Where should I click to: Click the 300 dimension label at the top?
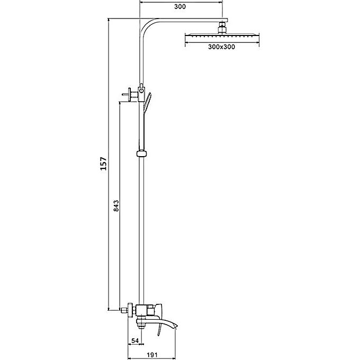click(180, 7)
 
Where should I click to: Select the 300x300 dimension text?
click(221, 47)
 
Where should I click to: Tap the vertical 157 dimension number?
click(104, 164)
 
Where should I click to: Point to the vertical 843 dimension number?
click(116, 206)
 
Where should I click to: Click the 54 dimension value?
click(135, 340)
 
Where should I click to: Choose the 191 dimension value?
click(152, 355)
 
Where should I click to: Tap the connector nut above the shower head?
click(222, 28)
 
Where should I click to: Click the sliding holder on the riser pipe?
click(142, 154)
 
